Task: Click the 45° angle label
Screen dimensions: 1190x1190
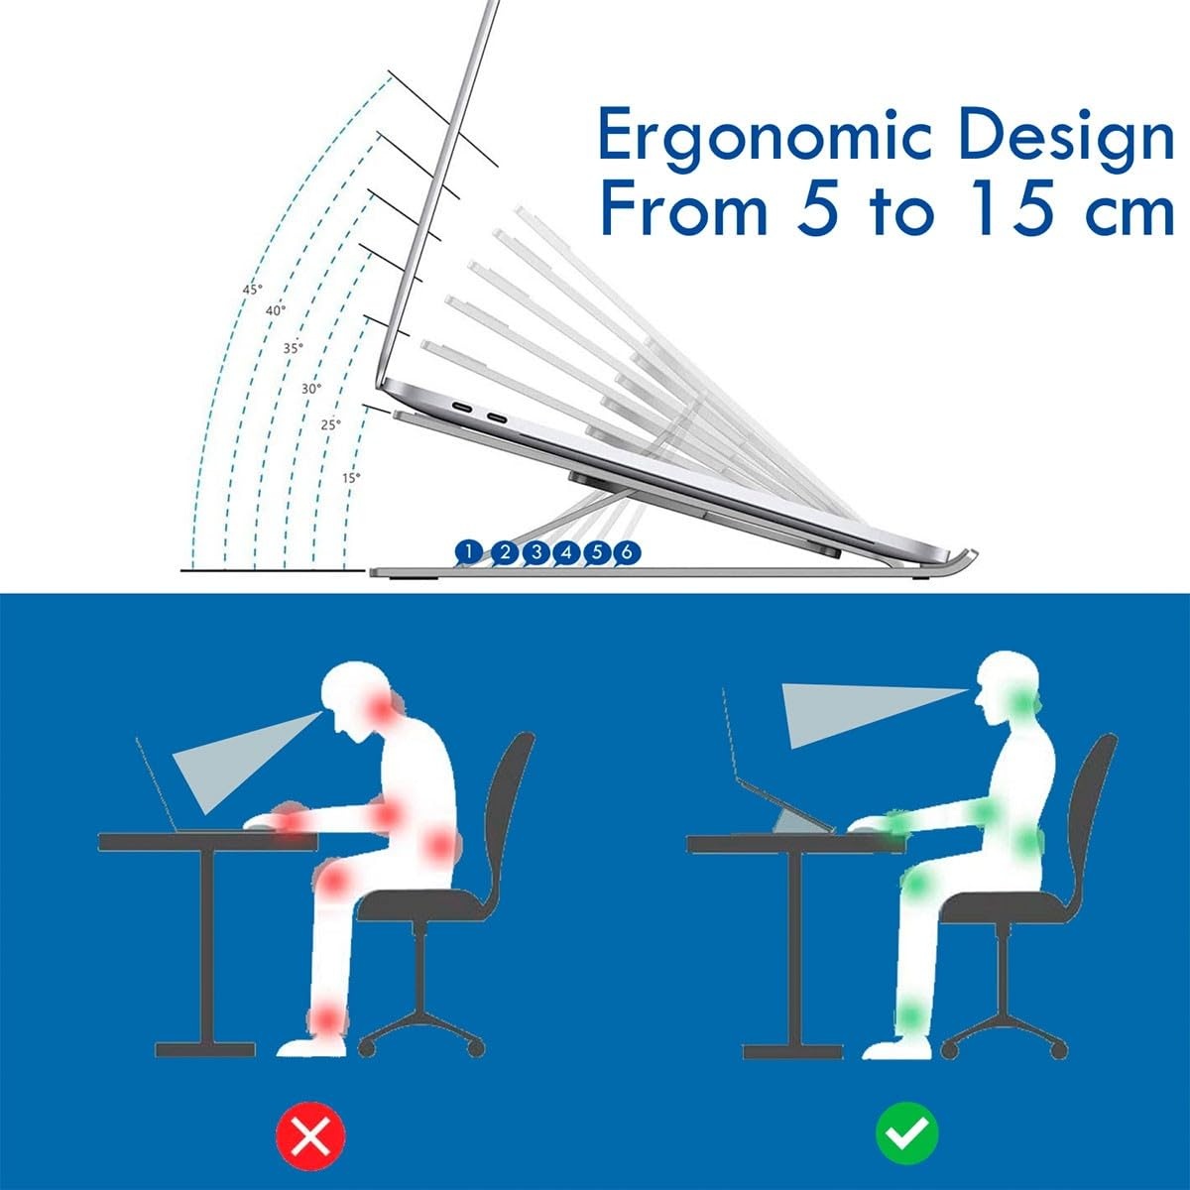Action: point(253,289)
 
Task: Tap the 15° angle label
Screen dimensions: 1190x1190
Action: point(351,477)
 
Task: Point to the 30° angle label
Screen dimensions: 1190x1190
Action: point(311,389)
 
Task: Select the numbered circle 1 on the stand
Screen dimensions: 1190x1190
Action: point(469,551)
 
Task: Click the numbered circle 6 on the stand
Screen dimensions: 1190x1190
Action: point(627,552)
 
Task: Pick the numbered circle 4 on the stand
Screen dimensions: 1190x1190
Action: point(566,552)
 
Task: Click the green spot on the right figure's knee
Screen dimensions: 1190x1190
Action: point(920,882)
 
